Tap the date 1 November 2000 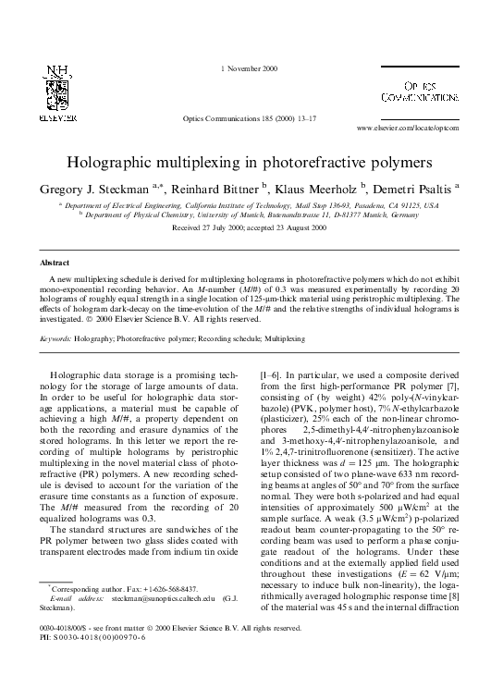[x=250, y=70]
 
